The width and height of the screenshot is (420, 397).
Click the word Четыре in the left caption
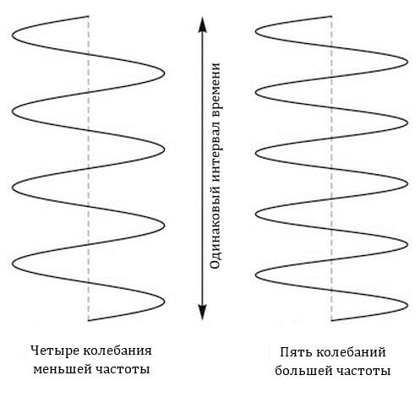(x=55, y=351)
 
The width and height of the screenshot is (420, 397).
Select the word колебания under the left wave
(x=117, y=351)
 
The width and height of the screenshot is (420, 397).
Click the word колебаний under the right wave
(x=351, y=352)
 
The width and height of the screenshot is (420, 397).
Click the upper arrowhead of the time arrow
(x=202, y=24)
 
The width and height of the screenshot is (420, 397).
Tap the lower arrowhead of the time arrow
(x=202, y=313)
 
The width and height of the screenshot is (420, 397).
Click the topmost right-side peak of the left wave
(x=164, y=73)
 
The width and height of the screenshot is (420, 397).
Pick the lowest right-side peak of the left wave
(x=164, y=302)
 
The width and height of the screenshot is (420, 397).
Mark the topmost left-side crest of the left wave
(x=13, y=35)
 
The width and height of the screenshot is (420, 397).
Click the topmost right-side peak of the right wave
(x=407, y=62)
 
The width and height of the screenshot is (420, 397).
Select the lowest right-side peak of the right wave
(x=407, y=306)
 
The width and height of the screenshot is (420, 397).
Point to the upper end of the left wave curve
(x=89, y=16)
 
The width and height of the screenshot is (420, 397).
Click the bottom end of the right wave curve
(x=331, y=320)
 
